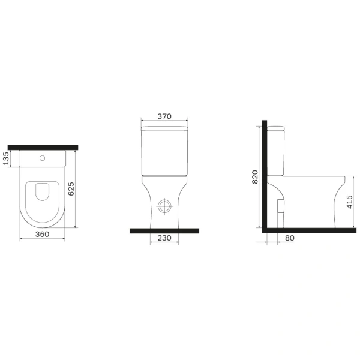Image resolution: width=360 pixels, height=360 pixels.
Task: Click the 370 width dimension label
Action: [x=164, y=116]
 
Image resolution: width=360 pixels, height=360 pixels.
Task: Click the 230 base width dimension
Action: [x=164, y=238]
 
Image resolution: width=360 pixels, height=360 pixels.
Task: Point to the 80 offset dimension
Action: [x=290, y=238]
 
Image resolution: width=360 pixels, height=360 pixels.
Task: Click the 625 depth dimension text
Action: [x=71, y=189]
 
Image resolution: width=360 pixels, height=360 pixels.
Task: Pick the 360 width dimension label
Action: [x=43, y=234]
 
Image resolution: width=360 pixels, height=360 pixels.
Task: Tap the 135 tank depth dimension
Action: [x=6, y=158]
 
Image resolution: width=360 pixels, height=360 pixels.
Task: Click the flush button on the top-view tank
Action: [x=43, y=159]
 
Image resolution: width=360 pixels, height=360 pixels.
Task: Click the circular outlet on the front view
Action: [x=164, y=206]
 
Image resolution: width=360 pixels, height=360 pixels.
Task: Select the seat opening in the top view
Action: [x=43, y=190]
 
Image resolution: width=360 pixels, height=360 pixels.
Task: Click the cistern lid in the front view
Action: [x=164, y=128]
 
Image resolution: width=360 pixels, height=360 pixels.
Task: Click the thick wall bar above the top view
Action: [x=43, y=146]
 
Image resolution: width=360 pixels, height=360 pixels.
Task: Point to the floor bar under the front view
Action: [x=164, y=230]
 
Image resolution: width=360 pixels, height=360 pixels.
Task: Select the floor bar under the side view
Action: [x=306, y=230]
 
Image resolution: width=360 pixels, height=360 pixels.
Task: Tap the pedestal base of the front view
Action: [x=164, y=219]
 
